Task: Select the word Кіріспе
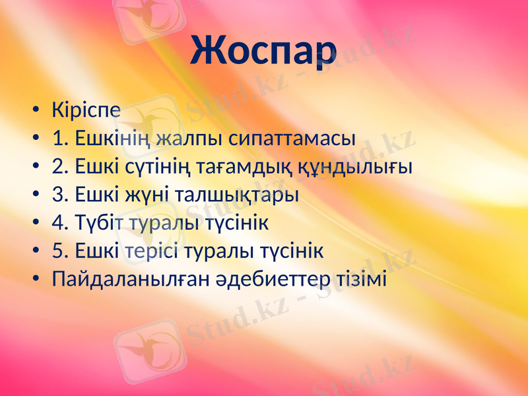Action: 86,110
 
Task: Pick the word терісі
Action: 151,252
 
